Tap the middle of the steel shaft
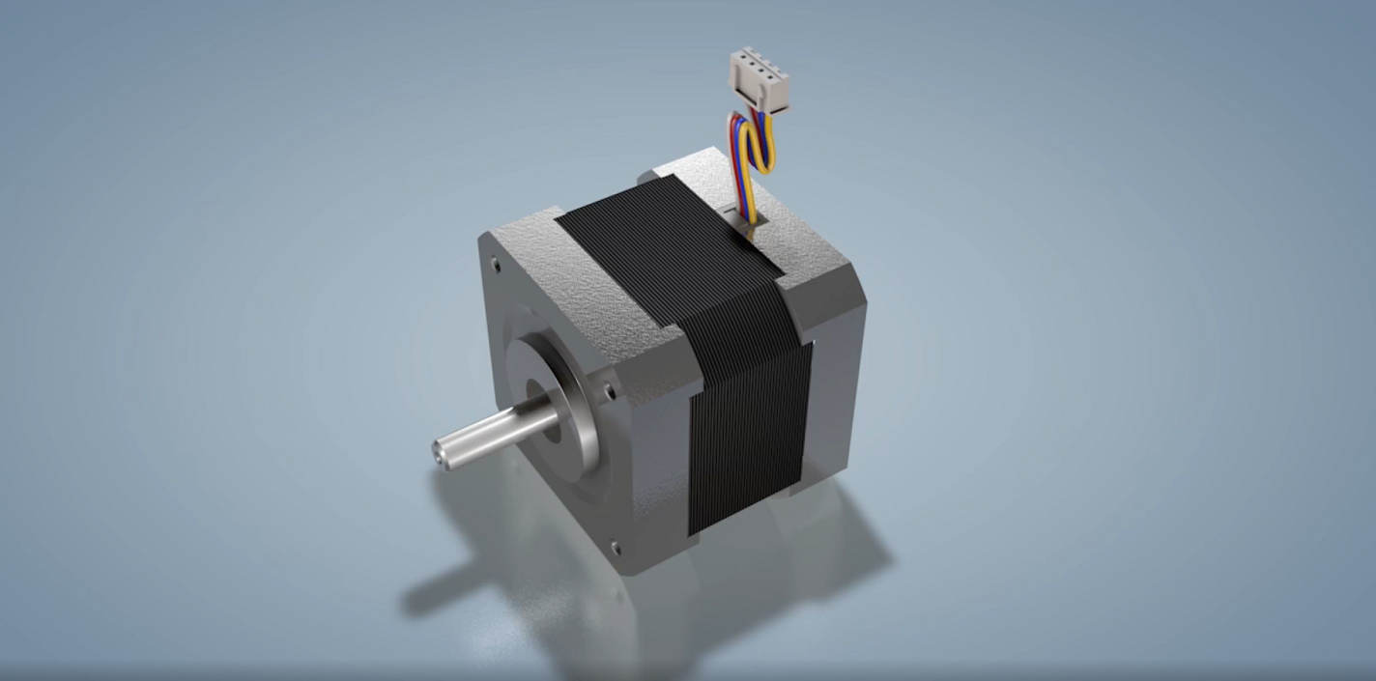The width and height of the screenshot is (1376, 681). (x=493, y=433)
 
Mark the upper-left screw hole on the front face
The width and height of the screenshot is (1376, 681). (x=496, y=262)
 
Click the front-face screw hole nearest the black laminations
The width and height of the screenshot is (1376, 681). (x=609, y=390)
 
